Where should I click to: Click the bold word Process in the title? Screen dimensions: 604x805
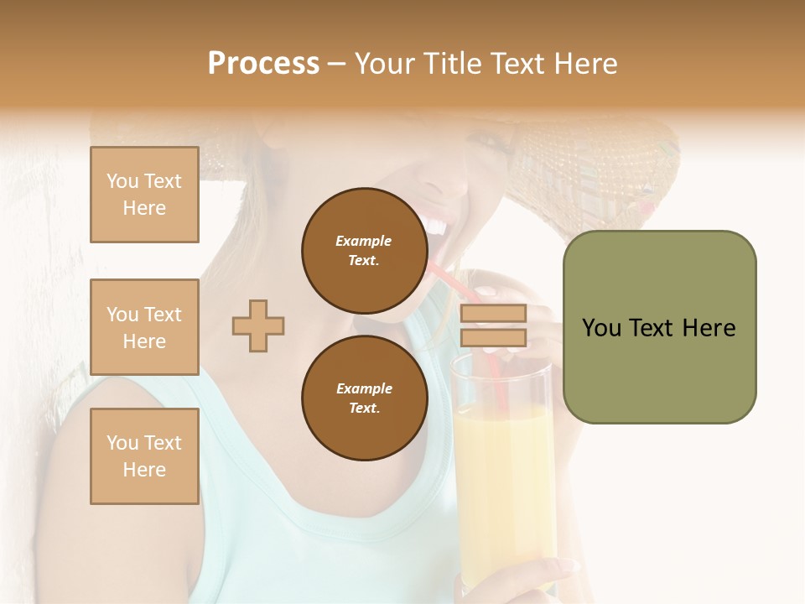[x=263, y=64]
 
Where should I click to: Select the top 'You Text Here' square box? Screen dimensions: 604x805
[x=144, y=195]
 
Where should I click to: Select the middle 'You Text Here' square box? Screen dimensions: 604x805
[x=144, y=327]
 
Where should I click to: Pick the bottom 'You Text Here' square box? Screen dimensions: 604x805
[x=144, y=456]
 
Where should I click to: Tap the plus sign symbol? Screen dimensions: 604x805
[x=258, y=325]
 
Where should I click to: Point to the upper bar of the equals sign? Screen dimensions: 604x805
[x=493, y=313]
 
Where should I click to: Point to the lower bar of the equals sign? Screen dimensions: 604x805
[x=493, y=338]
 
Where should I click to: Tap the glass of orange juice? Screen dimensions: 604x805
[x=503, y=487]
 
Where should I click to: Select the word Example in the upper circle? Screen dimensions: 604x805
[x=364, y=241]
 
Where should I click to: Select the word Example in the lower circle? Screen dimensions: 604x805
[x=364, y=388]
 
